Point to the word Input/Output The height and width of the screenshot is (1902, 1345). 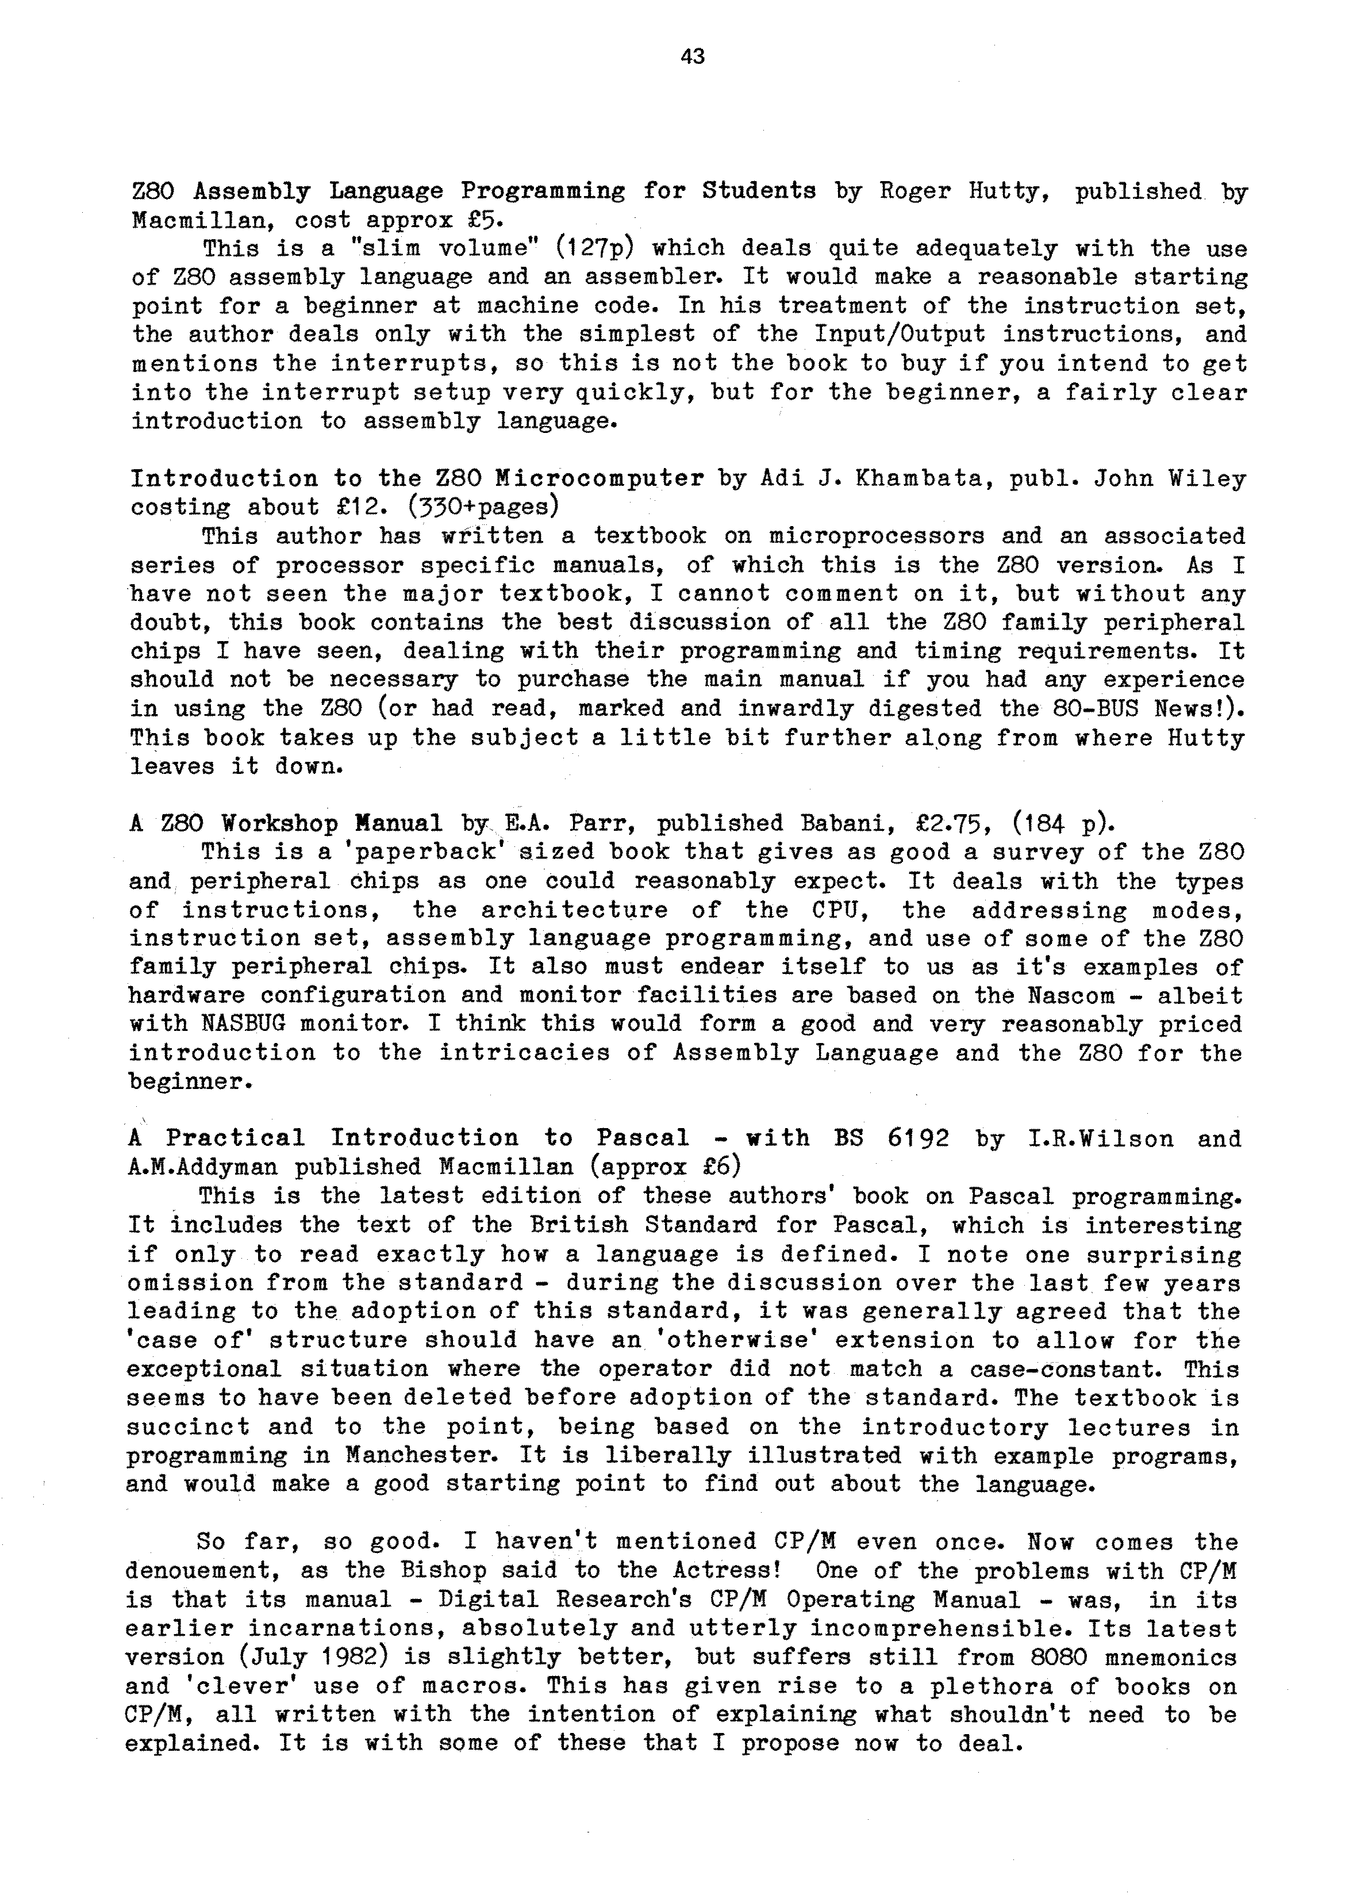(900, 335)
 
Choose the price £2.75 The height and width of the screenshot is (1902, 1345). (945, 823)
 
